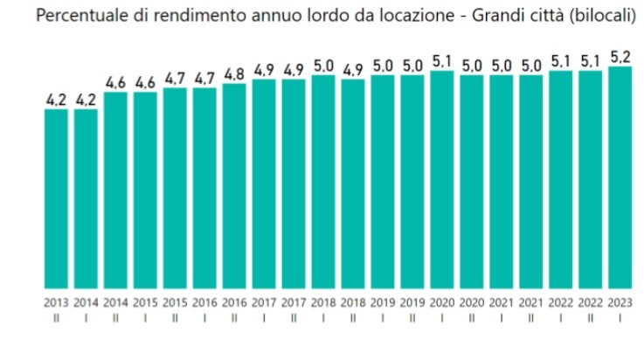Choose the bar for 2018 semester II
pos(352,183)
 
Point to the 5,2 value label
pos(620,56)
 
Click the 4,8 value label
pos(234,73)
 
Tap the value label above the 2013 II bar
pos(56,99)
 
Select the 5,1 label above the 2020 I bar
pos(441,60)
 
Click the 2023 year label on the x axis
pos(620,301)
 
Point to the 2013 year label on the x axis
pos(56,301)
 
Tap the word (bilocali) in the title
pos(603,17)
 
